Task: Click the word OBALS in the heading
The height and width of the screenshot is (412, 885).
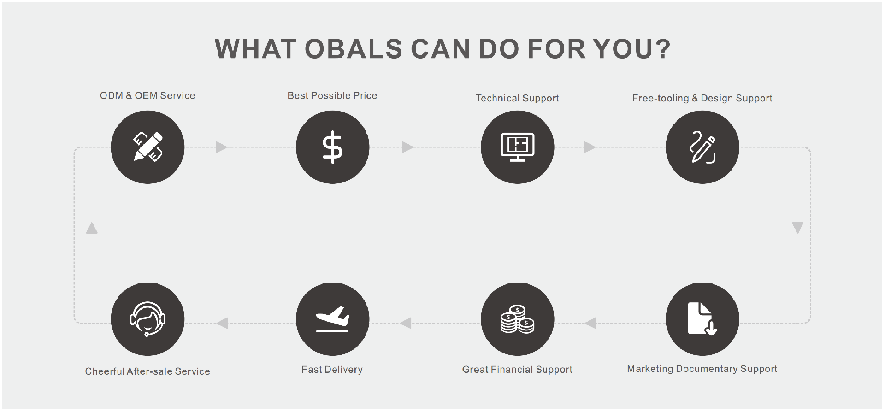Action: tap(354, 49)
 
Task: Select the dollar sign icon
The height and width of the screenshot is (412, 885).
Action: tap(332, 147)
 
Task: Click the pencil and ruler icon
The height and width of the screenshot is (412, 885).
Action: tap(147, 147)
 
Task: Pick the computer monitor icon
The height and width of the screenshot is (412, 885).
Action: tap(518, 147)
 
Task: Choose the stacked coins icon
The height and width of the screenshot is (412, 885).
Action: tap(518, 319)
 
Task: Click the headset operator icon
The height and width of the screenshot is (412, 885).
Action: tap(147, 319)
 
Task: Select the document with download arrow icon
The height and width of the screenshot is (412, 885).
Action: tap(702, 318)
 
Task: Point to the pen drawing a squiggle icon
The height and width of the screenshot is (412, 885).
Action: tap(702, 147)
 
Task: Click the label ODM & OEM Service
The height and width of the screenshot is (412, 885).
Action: tap(147, 95)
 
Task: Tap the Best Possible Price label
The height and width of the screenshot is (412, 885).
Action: tap(332, 95)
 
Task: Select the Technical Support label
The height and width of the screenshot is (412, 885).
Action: tap(517, 98)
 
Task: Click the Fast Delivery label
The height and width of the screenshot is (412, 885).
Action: tap(332, 370)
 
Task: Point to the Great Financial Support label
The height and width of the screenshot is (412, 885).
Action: tap(517, 370)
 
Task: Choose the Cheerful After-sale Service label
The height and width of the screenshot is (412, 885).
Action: tap(147, 371)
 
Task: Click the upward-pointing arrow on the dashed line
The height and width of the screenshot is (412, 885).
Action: tap(92, 228)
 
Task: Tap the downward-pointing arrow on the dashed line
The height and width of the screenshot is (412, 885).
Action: tap(798, 228)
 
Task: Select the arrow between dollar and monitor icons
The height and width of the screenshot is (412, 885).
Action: tap(407, 147)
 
